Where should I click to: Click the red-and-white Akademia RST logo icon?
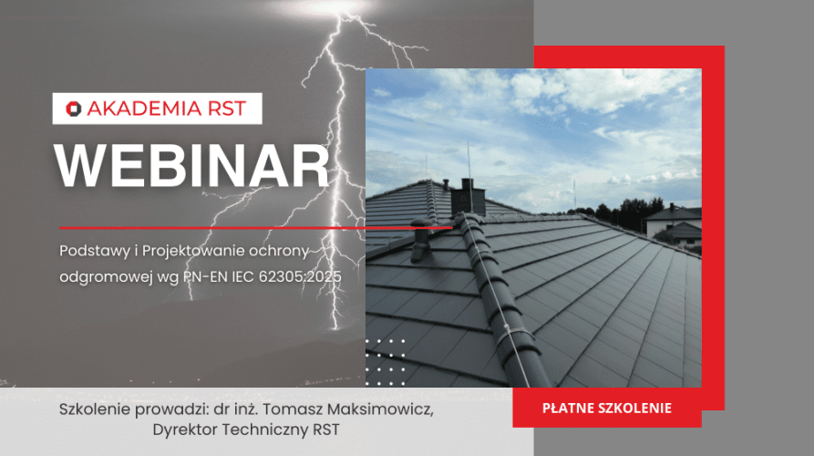click(74, 109)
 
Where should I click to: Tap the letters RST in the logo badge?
click(228, 109)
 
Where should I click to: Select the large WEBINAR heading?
click(191, 168)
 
